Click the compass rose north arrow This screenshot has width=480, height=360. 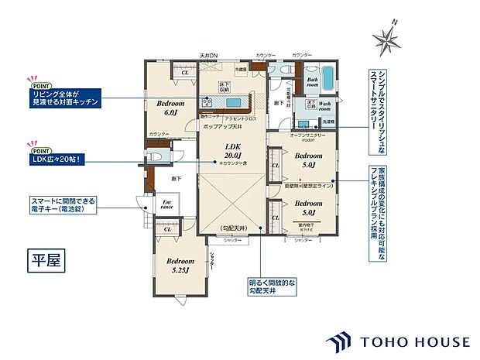pos(386,36)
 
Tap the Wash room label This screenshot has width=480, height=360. pos(324,105)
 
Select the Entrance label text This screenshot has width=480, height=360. pos(166,204)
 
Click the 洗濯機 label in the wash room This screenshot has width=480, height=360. pos(328,122)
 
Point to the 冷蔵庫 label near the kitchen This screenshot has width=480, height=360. pos(242,69)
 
